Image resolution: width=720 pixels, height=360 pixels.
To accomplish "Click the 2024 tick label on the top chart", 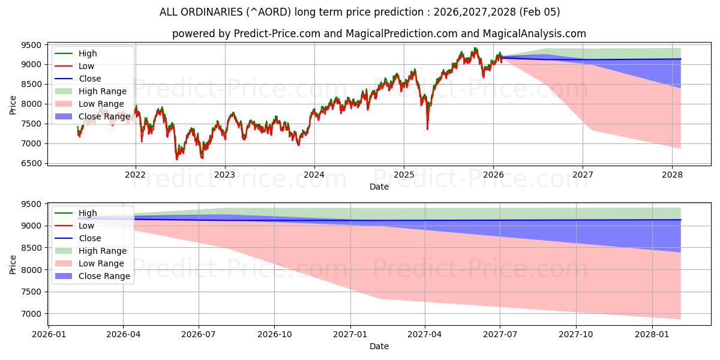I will [314, 175].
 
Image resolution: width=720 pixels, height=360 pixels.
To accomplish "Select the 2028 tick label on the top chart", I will [672, 175].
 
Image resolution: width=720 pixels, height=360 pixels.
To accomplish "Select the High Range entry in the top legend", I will [103, 91].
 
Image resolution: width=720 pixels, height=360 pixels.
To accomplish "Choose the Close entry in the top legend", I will [90, 79].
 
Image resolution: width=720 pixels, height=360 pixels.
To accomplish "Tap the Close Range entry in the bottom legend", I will [104, 276].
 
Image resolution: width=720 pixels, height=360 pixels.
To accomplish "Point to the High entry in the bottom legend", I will [88, 213].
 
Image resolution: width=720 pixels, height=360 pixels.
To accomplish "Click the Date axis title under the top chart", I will [379, 187].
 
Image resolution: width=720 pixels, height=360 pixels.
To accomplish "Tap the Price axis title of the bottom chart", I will [13, 265].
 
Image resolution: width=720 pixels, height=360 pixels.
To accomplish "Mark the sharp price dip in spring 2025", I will [427, 127].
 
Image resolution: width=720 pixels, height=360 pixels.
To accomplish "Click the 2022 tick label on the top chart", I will [136, 175].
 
